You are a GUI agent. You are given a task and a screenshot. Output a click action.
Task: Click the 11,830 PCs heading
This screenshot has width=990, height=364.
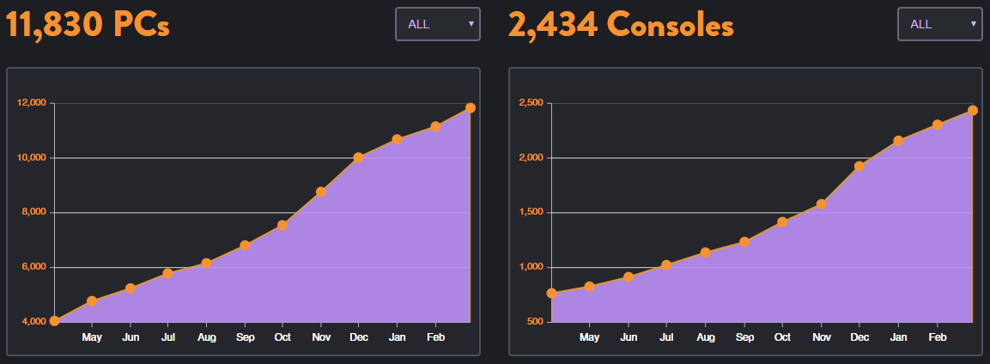[x=88, y=25]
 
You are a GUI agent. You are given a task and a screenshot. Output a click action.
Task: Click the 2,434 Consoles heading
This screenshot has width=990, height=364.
[x=621, y=25]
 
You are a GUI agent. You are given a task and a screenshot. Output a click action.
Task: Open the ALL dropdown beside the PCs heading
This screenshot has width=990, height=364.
[x=438, y=24]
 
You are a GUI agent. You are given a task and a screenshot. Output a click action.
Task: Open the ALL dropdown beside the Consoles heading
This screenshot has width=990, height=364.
[x=939, y=24]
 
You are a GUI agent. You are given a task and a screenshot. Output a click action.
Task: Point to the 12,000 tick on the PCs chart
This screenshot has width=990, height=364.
[x=32, y=103]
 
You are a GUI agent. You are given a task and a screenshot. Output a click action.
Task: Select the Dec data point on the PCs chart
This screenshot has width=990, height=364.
[x=358, y=158]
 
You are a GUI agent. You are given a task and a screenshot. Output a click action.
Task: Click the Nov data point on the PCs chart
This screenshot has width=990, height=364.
[x=320, y=192]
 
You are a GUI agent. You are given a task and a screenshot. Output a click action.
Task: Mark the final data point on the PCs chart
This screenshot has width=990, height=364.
[x=471, y=108]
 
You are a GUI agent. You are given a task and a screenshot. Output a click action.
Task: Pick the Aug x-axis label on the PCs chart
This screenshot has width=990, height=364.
[x=206, y=337]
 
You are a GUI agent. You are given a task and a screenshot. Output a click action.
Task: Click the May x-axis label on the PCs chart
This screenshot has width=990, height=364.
[x=92, y=337]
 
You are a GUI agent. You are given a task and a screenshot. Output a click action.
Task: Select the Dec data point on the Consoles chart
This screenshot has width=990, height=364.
[x=859, y=167]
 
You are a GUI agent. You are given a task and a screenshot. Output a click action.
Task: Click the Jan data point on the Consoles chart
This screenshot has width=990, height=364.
[x=898, y=141]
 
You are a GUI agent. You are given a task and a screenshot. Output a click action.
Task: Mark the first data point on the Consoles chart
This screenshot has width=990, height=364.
[x=551, y=294]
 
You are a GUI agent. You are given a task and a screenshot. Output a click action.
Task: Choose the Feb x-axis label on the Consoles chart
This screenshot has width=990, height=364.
[x=936, y=337]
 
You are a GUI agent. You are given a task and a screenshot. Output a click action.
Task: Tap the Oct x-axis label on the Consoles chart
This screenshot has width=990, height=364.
[x=782, y=337]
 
